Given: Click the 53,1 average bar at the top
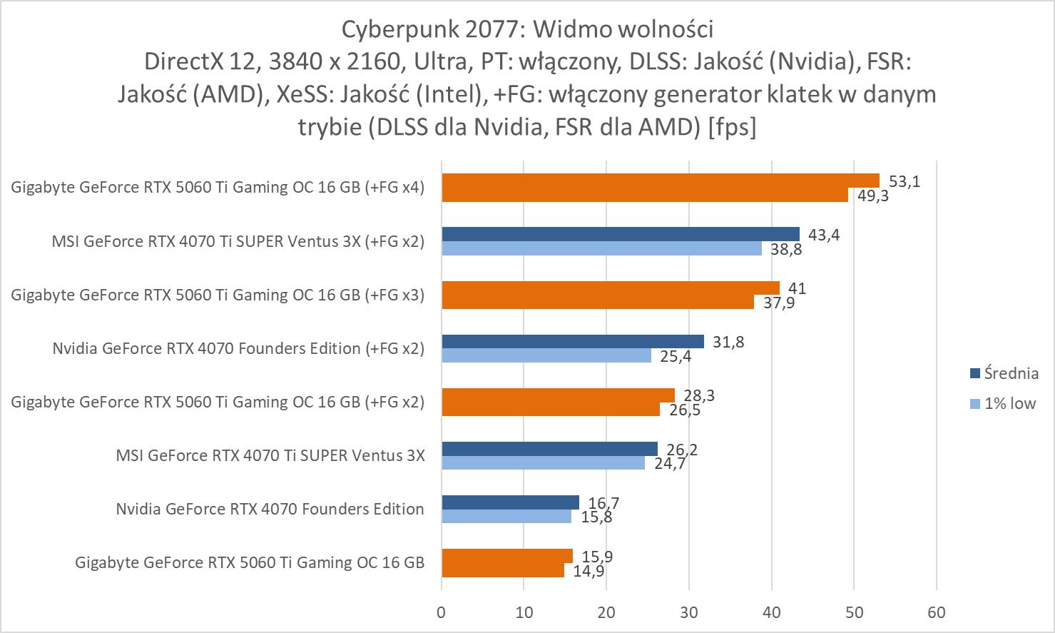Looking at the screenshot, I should pos(660,181).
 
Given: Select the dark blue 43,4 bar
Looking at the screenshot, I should pos(621,234).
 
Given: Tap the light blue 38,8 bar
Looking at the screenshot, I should pos(601,248).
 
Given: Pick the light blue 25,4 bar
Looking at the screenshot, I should pos(546,355).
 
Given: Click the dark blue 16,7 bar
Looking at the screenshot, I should pos(510,502).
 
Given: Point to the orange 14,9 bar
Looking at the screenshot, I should pos(503,570).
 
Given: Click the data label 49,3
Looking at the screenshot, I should pos(872,196).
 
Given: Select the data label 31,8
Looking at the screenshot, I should pos(728,342).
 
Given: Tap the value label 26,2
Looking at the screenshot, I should pos(682,450).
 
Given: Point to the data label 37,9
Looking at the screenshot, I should pos(778,303).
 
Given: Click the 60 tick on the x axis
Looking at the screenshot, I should pos(937,612).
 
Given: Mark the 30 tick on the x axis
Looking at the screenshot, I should pos(689,612).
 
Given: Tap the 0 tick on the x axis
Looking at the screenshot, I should pos(442,612).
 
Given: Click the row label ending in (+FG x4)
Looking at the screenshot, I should pos(218,188).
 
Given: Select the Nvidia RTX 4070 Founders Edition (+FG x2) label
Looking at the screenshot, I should pos(238,348).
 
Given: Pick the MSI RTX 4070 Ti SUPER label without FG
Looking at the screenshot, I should pos(270,455).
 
